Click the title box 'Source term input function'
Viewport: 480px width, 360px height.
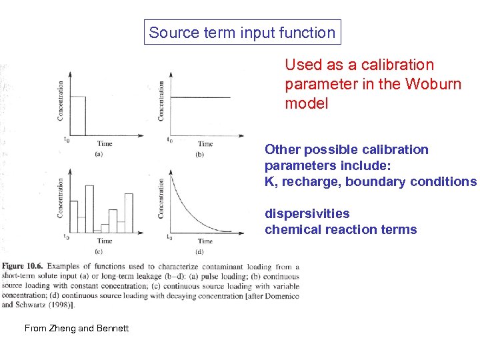pyautogui.click(x=242, y=32)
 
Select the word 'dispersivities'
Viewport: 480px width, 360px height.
pyautogui.click(x=307, y=213)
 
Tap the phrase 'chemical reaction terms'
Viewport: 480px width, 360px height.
pyautogui.click(x=341, y=229)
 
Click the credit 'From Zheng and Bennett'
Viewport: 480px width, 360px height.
pyautogui.click(x=77, y=327)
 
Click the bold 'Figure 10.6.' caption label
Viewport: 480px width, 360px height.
pyautogui.click(x=25, y=267)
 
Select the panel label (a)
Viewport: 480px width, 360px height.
pyautogui.click(x=99, y=154)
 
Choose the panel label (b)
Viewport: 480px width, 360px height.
pyautogui.click(x=199, y=154)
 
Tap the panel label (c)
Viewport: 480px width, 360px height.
pyautogui.click(x=99, y=251)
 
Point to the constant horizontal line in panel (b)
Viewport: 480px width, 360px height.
pyautogui.click(x=200, y=97)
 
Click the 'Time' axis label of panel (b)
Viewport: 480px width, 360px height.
pyautogui.click(x=205, y=144)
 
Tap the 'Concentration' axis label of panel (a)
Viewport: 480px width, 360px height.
pyautogui.click(x=61, y=101)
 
